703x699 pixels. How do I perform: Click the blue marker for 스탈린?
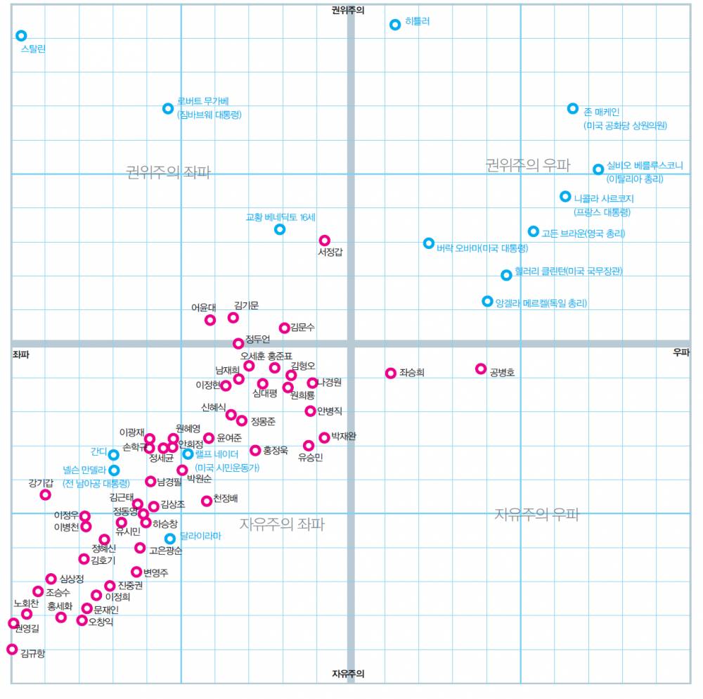pyautogui.click(x=21, y=36)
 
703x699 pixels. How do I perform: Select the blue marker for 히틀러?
pyautogui.click(x=395, y=25)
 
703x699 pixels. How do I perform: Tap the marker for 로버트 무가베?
pyautogui.click(x=168, y=108)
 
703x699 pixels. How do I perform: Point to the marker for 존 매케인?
pyautogui.click(x=573, y=109)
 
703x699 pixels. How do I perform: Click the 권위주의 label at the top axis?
pyautogui.click(x=349, y=11)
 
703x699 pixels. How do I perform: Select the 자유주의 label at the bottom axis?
pyautogui.click(x=349, y=674)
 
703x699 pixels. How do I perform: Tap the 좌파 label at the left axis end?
pyautogui.click(x=21, y=354)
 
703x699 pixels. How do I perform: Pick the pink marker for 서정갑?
pyautogui.click(x=324, y=241)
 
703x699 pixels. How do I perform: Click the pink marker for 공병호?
pyautogui.click(x=481, y=368)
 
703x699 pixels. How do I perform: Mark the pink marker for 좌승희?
pyautogui.click(x=391, y=373)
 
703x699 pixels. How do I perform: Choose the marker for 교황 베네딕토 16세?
pyautogui.click(x=280, y=229)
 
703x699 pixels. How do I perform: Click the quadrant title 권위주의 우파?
pyautogui.click(x=528, y=165)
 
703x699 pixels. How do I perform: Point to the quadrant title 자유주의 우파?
pyautogui.click(x=536, y=514)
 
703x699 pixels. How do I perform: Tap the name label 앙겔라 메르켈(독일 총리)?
pyautogui.click(x=541, y=303)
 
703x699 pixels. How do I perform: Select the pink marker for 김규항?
pyautogui.click(x=12, y=649)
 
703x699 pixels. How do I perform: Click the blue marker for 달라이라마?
pyautogui.click(x=170, y=539)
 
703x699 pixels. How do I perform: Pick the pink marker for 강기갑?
pyautogui.click(x=45, y=494)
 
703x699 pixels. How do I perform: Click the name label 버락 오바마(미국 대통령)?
pyautogui.click(x=482, y=248)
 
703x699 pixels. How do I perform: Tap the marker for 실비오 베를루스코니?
pyautogui.click(x=598, y=169)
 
